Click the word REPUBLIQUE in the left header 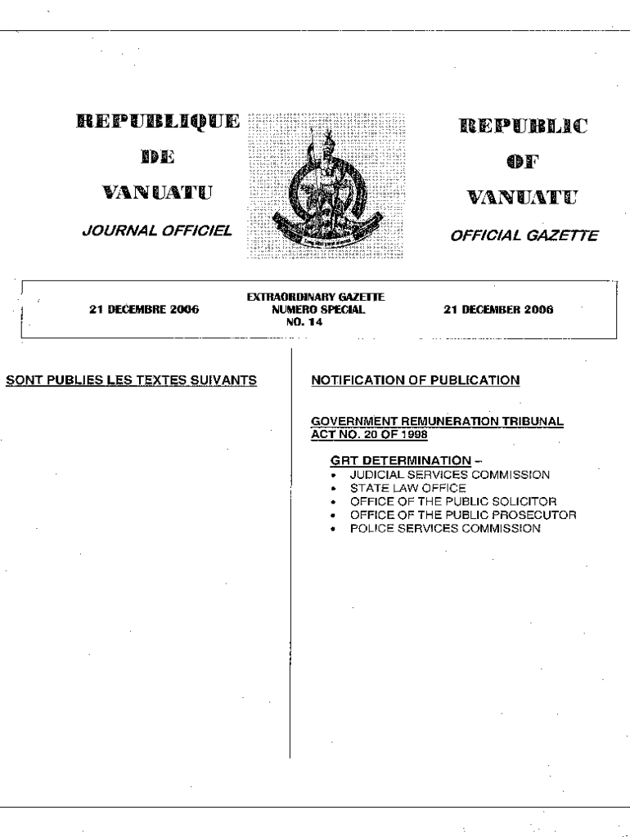[x=159, y=123]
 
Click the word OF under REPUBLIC [x=524, y=162]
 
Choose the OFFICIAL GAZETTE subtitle [x=524, y=236]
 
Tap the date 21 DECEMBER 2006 [x=497, y=310]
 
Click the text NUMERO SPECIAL [x=317, y=310]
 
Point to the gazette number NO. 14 [x=317, y=320]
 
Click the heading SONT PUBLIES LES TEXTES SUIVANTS [x=133, y=379]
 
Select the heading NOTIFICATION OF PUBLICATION [x=416, y=379]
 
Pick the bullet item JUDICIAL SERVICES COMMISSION [x=450, y=474]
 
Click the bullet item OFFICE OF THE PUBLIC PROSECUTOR [x=463, y=515]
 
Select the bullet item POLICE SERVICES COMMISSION [x=445, y=529]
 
